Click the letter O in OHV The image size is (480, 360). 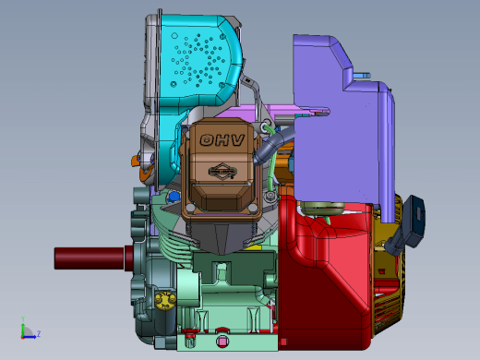pos(207,140)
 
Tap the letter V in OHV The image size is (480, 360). pos(238,140)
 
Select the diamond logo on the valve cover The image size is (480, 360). pos(222,172)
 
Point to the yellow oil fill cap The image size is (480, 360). pos(165,301)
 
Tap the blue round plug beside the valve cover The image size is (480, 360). pos(174,197)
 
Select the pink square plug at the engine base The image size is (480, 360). pos(222,342)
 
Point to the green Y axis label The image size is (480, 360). pos(23,318)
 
